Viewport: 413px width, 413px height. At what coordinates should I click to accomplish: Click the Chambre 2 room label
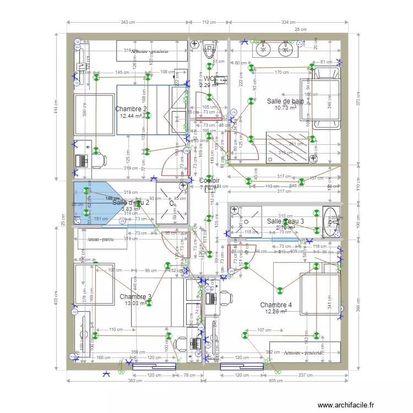[x=131, y=109]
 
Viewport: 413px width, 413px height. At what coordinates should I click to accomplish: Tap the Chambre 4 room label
[x=276, y=305]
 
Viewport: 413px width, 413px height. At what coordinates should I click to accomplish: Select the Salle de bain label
[x=285, y=101]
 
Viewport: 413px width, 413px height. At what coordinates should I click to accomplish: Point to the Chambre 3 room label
[x=135, y=297]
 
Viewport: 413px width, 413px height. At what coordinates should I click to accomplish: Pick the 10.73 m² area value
[x=286, y=108]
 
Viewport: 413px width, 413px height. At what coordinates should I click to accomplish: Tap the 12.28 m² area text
[x=276, y=312]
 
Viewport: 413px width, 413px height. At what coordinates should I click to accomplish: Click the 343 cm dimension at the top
[x=128, y=22]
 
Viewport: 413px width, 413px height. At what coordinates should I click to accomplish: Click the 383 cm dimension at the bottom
[x=128, y=382]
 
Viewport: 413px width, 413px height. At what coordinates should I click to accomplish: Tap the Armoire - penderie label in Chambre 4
[x=303, y=352]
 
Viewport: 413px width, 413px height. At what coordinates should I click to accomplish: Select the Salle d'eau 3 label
[x=285, y=221]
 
